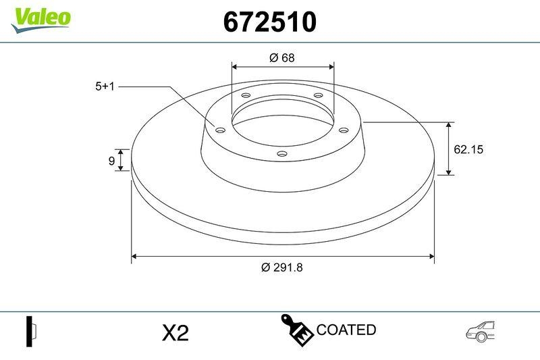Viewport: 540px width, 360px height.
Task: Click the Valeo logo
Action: pyautogui.click(x=40, y=17)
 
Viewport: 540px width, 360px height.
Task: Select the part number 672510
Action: pyautogui.click(x=269, y=23)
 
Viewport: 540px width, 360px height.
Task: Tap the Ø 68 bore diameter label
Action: pyautogui.click(x=281, y=58)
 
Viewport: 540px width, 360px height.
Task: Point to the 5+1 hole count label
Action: pyautogui.click(x=106, y=86)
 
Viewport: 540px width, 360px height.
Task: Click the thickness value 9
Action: pyautogui.click(x=111, y=160)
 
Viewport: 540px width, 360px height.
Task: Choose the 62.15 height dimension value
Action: pyautogui.click(x=468, y=149)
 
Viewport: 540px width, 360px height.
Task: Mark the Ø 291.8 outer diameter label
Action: pyautogui.click(x=282, y=267)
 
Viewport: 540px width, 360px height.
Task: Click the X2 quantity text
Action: pyautogui.click(x=175, y=332)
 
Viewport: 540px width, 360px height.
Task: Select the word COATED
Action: pyautogui.click(x=346, y=330)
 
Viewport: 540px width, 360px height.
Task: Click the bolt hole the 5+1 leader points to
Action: pyautogui.click(x=219, y=130)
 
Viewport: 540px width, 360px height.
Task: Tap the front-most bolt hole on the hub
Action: pyautogui.click(x=282, y=155)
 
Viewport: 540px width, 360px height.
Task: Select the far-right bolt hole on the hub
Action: pyautogui.click(x=343, y=130)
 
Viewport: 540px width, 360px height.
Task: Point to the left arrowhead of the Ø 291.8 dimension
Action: pyautogui.click(x=134, y=257)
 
